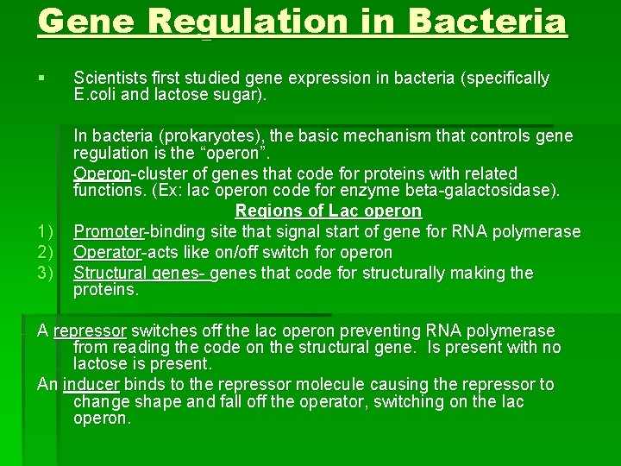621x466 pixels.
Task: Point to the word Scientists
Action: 112,79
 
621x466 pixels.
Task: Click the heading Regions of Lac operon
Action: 328,211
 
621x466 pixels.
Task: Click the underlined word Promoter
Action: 108,232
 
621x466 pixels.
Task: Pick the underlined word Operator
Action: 107,253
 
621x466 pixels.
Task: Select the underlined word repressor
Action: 90,331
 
